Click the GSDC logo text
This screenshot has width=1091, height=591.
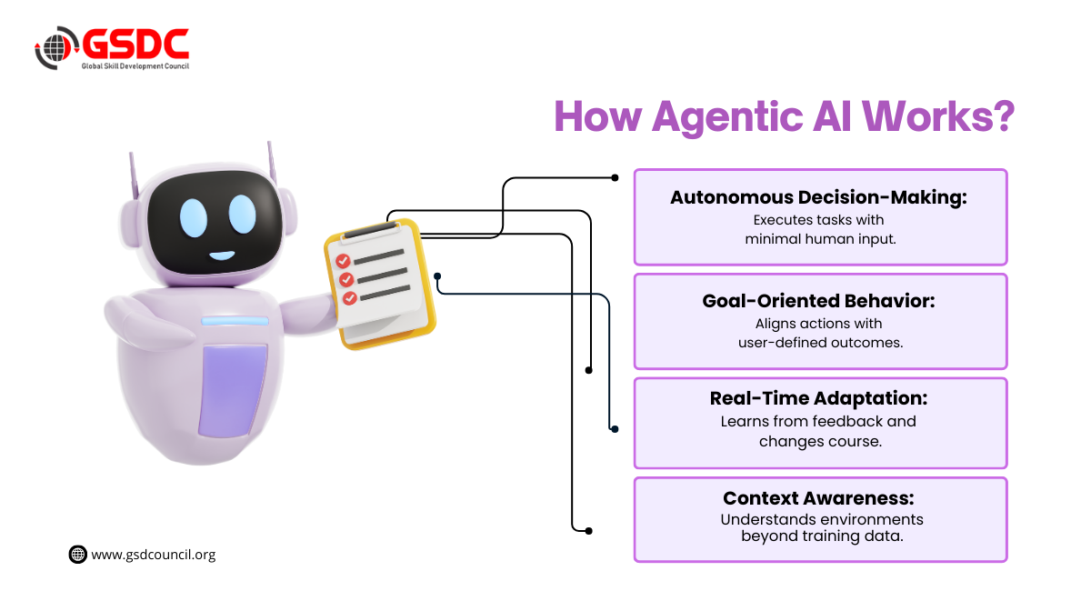136,44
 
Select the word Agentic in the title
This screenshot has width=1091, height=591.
737,119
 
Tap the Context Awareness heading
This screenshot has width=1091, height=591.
818,498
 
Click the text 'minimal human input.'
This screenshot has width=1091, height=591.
821,238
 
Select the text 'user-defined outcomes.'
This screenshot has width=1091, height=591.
820,342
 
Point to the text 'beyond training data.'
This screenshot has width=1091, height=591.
821,536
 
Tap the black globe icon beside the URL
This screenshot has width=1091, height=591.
78,554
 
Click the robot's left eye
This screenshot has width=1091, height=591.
194,215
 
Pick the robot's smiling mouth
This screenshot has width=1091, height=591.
221,255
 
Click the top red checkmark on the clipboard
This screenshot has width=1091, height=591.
344,261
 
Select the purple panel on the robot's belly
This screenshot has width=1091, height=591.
234,390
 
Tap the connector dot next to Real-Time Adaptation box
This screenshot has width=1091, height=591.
614,428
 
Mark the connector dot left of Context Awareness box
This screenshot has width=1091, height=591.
589,530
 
